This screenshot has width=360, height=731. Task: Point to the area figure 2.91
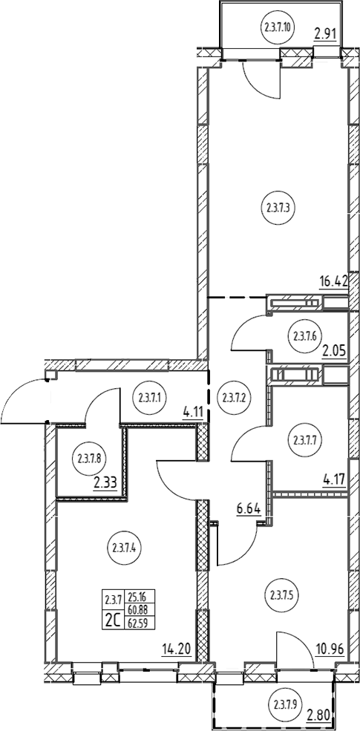pos(326,33)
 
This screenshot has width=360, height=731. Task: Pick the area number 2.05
pos(334,350)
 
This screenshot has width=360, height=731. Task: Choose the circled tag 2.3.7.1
pos(151,398)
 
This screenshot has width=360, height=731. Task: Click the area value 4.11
pos(192,413)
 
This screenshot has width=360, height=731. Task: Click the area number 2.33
pos(105,483)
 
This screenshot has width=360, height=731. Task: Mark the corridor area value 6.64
pos(248,509)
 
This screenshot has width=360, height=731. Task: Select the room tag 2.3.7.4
pos(125,548)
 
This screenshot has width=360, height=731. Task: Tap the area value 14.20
pos(177,648)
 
